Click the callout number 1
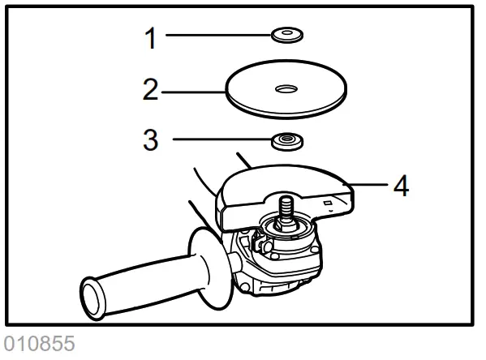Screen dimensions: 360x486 150,36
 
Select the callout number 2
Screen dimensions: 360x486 150,89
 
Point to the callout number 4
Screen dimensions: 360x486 400,186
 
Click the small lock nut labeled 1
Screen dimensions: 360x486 286,35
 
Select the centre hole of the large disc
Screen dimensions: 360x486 286,87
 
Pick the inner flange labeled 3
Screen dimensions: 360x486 286,140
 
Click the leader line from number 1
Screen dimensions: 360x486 219,36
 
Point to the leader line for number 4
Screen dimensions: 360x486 369,185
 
